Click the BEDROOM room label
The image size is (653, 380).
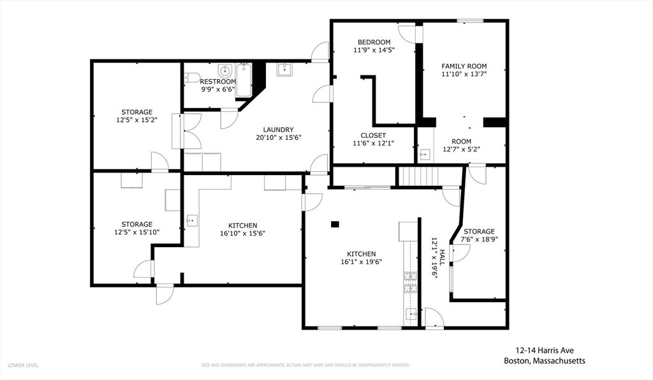click(x=374, y=42)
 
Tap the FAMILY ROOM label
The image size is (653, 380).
click(x=464, y=66)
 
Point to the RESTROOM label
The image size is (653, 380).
click(x=217, y=82)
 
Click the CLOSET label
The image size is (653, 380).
click(x=373, y=135)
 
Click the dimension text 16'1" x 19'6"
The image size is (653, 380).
click(x=361, y=261)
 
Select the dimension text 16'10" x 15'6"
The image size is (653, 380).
click(x=243, y=233)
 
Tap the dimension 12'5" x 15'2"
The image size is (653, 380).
click(x=136, y=119)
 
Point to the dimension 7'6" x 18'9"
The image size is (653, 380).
click(x=479, y=239)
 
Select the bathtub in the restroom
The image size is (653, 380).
click(x=244, y=80)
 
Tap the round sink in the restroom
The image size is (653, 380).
click(x=224, y=70)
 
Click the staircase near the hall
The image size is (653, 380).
click(x=419, y=176)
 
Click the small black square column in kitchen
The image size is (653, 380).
click(x=335, y=224)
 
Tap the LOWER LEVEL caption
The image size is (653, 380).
click(x=24, y=365)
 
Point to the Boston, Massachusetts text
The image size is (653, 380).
click(x=544, y=361)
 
